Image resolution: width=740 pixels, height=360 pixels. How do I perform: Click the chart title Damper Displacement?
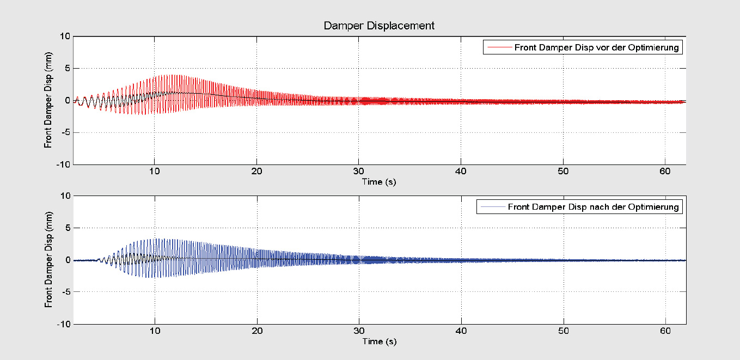(379, 26)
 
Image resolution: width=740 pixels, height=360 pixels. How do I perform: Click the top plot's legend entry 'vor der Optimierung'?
(596, 47)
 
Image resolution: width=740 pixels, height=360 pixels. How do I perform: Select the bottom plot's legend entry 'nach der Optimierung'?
(593, 207)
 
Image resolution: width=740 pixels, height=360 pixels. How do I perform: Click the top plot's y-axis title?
(48, 100)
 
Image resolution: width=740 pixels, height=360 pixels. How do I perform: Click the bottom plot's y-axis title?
(48, 260)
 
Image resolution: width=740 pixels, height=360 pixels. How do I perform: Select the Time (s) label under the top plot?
(379, 182)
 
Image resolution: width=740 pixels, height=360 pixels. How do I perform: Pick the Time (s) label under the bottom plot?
(379, 341)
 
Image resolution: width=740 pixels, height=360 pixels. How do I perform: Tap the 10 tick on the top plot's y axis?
(65, 36)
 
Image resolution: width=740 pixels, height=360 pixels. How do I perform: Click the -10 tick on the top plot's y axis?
(63, 164)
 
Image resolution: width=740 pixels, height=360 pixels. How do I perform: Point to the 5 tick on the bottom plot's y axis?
(68, 228)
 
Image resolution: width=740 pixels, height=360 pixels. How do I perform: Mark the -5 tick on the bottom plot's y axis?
(66, 292)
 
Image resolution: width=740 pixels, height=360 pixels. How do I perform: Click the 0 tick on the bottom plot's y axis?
(68, 260)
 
